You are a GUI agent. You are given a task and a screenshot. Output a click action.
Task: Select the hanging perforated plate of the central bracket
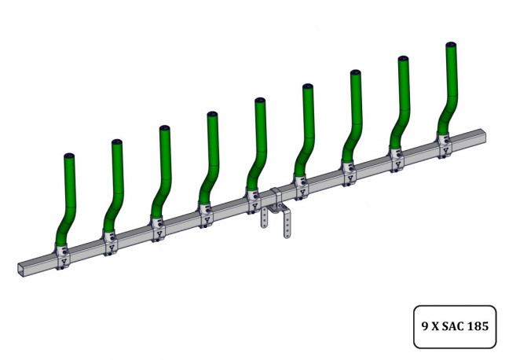pyautogui.click(x=287, y=225)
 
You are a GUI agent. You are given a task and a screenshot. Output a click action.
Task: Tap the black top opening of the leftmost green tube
pyautogui.click(x=69, y=156)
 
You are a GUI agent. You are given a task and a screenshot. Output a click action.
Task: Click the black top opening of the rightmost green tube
pyautogui.click(x=452, y=46)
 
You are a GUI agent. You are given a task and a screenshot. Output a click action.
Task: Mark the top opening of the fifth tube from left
pyautogui.click(x=260, y=101)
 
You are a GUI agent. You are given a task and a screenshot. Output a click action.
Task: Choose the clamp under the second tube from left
pyautogui.click(x=109, y=241)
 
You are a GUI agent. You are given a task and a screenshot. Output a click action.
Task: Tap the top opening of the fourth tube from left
pyautogui.click(x=212, y=115)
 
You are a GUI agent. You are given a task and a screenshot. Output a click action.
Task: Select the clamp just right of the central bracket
pyautogui.click(x=300, y=186)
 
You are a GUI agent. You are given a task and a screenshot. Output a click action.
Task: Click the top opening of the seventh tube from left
pyautogui.click(x=355, y=73)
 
